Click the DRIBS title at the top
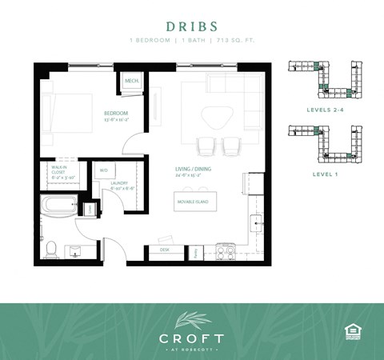pyautogui.click(x=192, y=26)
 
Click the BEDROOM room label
pyautogui.click(x=116, y=114)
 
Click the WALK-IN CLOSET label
pyautogui.click(x=59, y=172)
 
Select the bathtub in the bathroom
pyautogui.click(x=60, y=206)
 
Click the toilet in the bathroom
pyautogui.click(x=50, y=248)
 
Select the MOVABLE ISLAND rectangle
pyautogui.click(x=194, y=201)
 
